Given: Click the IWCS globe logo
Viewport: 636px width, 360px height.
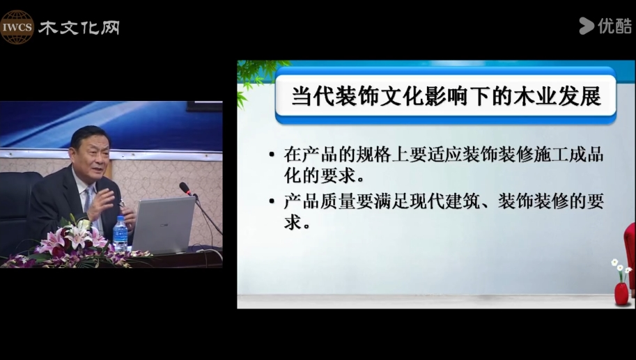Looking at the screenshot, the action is click(x=17, y=27).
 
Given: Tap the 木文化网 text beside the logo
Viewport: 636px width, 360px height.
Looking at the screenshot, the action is click(x=79, y=28).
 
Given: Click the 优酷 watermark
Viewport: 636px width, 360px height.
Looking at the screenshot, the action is click(x=605, y=26).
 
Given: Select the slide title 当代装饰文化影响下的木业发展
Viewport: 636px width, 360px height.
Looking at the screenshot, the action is click(x=446, y=97).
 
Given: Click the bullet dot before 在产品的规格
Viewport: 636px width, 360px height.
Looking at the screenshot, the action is click(x=272, y=155).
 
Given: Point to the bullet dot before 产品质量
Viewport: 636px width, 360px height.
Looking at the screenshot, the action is click(x=272, y=201).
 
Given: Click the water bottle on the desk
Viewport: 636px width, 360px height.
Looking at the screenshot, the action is click(x=120, y=233).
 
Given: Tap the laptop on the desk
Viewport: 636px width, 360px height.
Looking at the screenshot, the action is click(x=164, y=225).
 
